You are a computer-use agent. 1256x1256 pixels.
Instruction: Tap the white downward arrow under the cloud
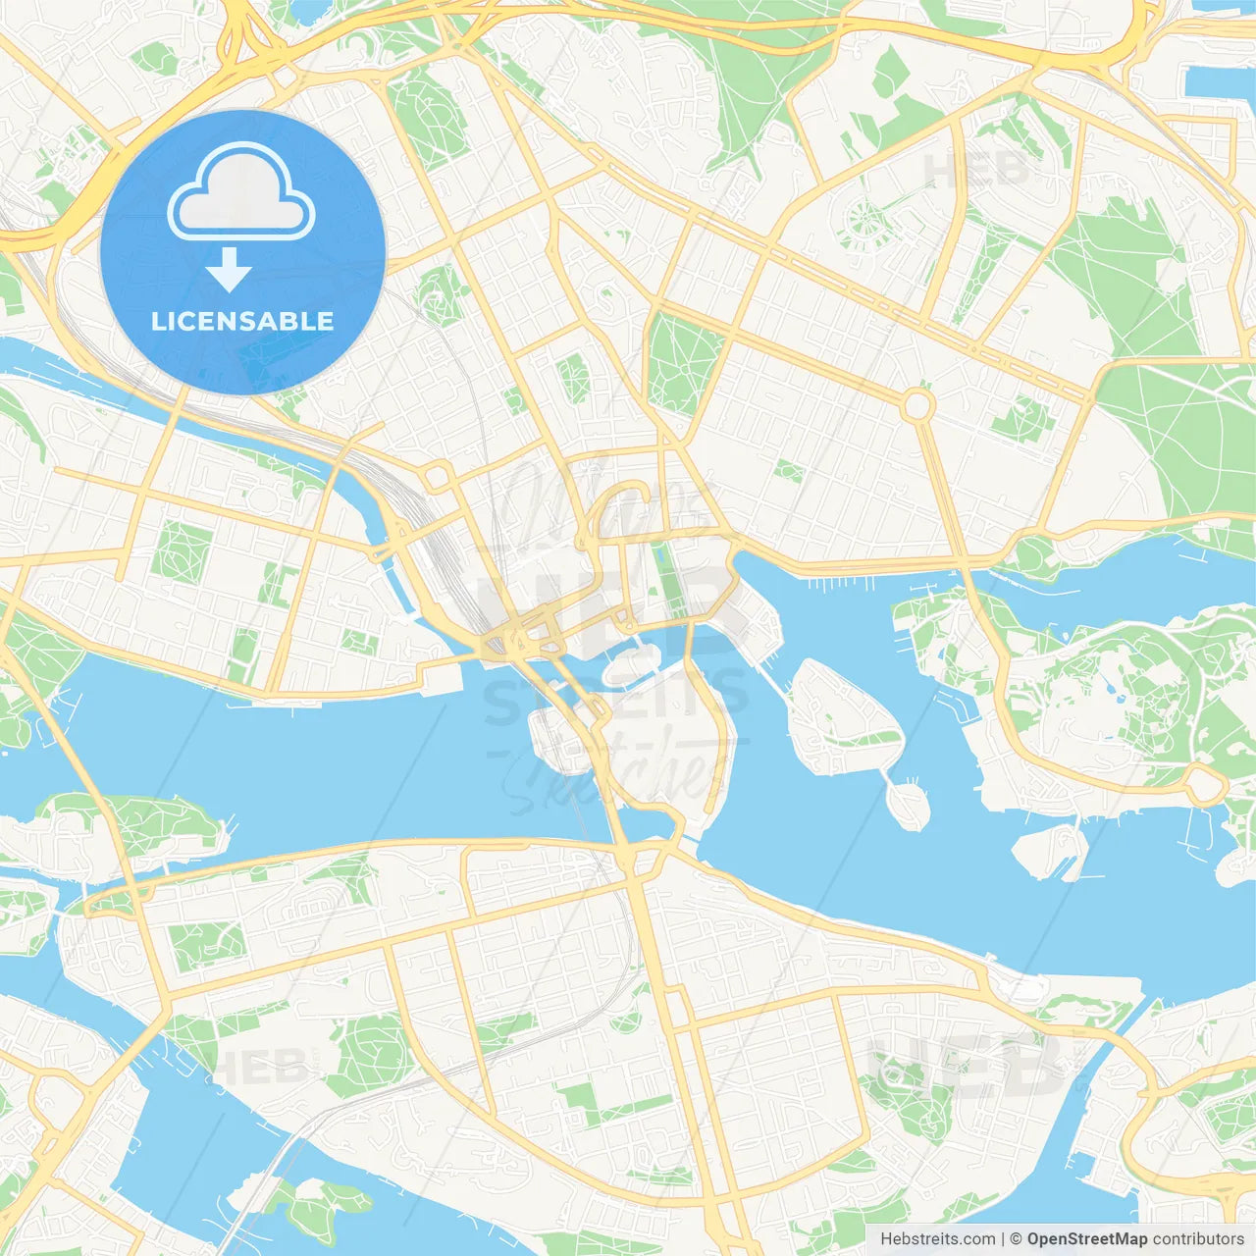pyautogui.click(x=230, y=269)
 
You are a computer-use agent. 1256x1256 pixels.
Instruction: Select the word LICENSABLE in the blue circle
pyautogui.click(x=242, y=321)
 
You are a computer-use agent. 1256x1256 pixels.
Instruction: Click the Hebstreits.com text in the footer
pyautogui.click(x=938, y=1239)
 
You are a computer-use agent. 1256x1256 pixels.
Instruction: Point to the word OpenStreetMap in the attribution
pyautogui.click(x=1087, y=1239)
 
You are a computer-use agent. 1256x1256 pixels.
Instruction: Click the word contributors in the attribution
pyautogui.click(x=1198, y=1239)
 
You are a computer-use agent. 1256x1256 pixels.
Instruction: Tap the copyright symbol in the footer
pyautogui.click(x=1017, y=1239)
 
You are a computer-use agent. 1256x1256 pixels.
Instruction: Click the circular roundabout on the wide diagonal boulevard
pyautogui.click(x=917, y=405)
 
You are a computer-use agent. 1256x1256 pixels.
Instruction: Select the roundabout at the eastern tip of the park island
pyautogui.click(x=1204, y=784)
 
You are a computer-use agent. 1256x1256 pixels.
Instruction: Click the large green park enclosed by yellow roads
pyautogui.click(x=684, y=363)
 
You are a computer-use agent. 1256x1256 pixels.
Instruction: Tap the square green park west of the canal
pyautogui.click(x=183, y=550)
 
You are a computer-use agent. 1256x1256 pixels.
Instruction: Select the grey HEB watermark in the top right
pyautogui.click(x=977, y=169)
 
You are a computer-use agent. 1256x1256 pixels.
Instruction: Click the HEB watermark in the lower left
pyautogui.click(x=258, y=1067)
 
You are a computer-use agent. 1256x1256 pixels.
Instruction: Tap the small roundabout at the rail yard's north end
pyautogui.click(x=438, y=478)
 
